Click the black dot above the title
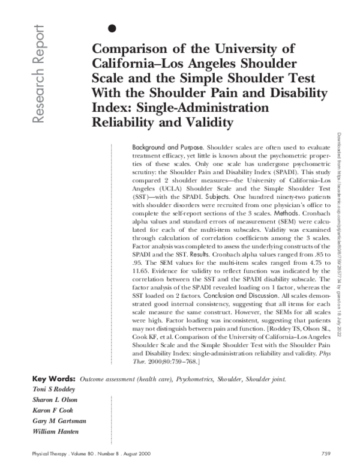[111, 28]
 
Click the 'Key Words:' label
[53, 379]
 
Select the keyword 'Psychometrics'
[198, 380]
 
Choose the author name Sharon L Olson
[56, 400]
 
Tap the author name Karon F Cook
[54, 411]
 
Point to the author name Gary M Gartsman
[59, 422]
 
